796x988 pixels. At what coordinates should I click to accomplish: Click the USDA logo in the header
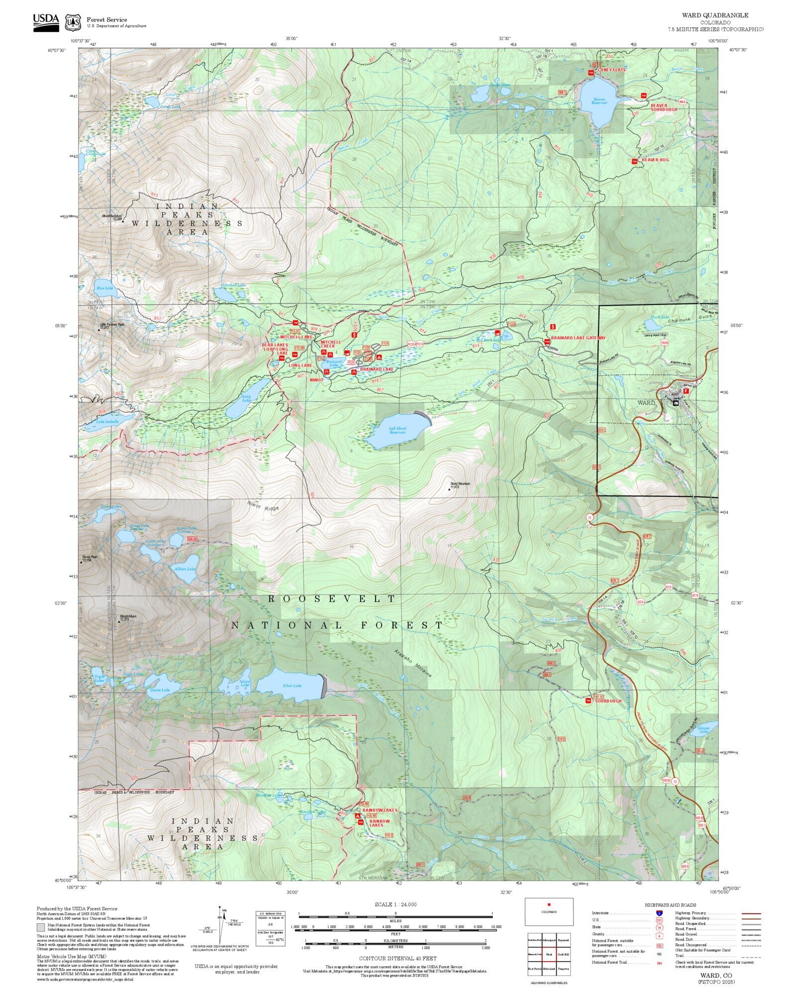(46, 22)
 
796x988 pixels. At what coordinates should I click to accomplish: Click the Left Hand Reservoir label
(397, 430)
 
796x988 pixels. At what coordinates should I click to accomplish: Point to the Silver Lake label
(292, 686)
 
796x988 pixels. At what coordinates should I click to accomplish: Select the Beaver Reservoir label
(599, 100)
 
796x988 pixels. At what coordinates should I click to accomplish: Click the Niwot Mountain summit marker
(449, 489)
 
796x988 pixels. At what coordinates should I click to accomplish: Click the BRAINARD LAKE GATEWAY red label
(578, 338)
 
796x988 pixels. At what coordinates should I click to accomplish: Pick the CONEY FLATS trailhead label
(612, 70)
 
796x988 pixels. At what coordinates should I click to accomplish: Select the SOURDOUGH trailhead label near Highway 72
(608, 701)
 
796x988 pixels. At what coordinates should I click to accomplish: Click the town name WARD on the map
(646, 402)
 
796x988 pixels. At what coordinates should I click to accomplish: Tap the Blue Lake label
(104, 288)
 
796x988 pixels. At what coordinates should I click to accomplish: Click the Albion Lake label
(185, 568)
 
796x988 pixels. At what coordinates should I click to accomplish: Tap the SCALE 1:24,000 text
(396, 904)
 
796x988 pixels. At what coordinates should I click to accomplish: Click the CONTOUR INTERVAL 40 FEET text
(398, 958)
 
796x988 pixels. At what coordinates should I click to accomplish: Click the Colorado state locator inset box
(549, 911)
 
